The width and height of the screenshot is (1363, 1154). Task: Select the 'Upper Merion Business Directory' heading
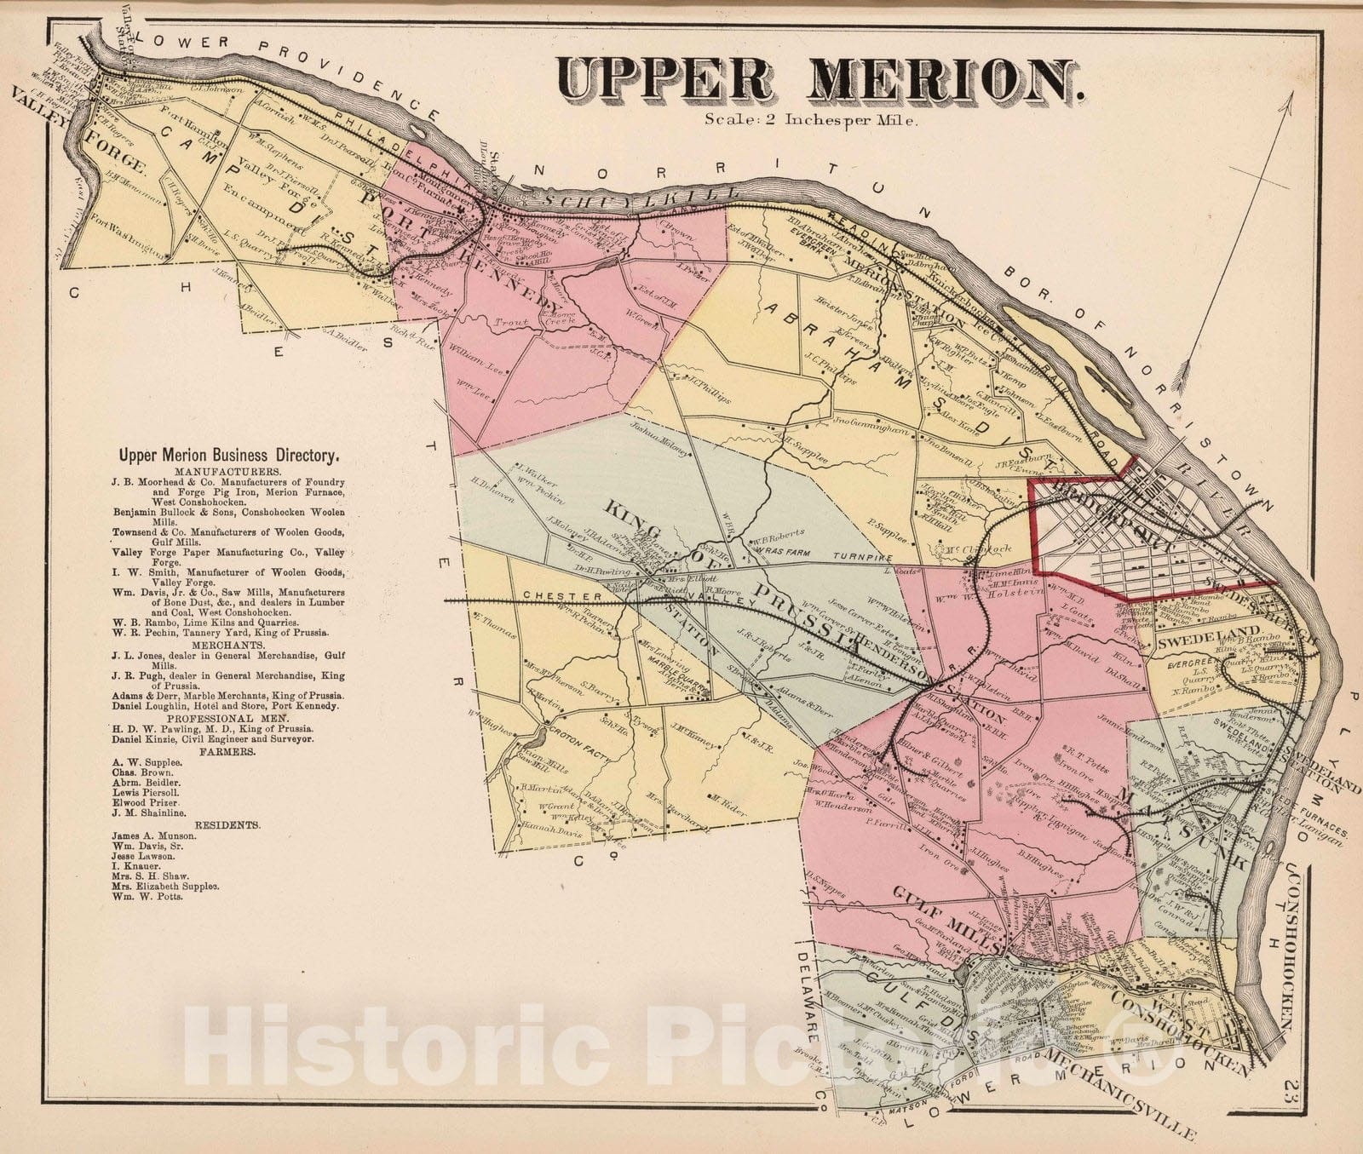click(x=229, y=456)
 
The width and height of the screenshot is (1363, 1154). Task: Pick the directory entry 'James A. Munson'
click(x=153, y=835)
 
